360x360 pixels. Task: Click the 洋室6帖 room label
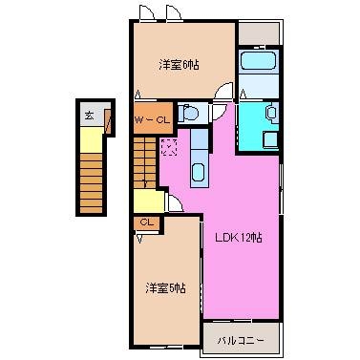pyautogui.click(x=180, y=64)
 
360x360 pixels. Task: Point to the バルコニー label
pyautogui.click(x=238, y=339)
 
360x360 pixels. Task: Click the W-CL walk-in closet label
pyautogui.click(x=151, y=120)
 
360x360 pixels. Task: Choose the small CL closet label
pyautogui.click(x=146, y=222)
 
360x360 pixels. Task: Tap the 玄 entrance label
pyautogui.click(x=89, y=116)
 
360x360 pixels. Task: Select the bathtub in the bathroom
pyautogui.click(x=259, y=65)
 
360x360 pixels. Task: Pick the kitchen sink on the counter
pyautogui.click(x=198, y=173)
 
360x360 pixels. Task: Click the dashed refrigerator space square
pyautogui.click(x=170, y=147)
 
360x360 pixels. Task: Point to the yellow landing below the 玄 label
pyautogui.click(x=89, y=141)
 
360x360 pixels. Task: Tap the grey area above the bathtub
pyautogui.click(x=258, y=32)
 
